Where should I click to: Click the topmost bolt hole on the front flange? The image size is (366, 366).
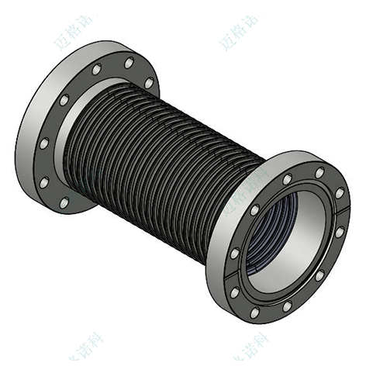coord(318,169)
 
